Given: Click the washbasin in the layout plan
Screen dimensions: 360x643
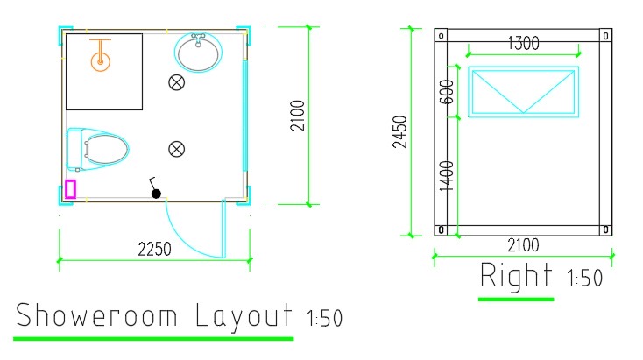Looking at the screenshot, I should (199, 53).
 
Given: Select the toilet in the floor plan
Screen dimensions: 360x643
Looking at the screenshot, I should (98, 147).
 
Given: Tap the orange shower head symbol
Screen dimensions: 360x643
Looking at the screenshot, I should (101, 56).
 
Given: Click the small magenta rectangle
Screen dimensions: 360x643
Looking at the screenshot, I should (70, 188).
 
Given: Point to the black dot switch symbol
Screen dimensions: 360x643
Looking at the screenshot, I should (157, 194).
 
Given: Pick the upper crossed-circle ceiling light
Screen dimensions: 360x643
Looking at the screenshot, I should (176, 83).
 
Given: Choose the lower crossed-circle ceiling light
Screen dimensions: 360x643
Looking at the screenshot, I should (176, 148).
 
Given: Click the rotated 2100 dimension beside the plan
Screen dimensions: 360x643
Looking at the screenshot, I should (297, 115).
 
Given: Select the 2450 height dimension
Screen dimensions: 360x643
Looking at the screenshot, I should (399, 132).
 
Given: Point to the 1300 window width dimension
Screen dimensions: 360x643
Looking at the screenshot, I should (522, 42).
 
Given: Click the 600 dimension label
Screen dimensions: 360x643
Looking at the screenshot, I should (448, 87).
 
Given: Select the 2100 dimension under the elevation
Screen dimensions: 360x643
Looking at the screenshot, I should (523, 245).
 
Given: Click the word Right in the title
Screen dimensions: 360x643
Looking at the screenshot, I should (516, 276).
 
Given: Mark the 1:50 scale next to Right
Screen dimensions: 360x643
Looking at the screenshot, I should (585, 279).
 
